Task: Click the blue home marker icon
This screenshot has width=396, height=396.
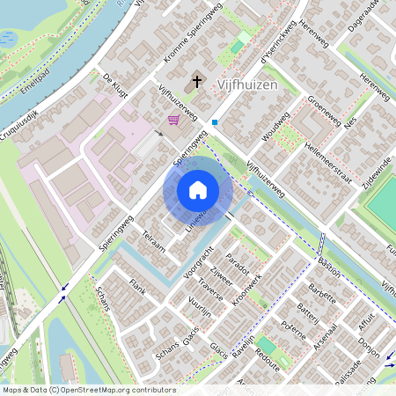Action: pos(198,190)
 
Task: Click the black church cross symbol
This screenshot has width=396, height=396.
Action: pos(196,83)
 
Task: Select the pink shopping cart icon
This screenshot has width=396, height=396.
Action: pos(173,119)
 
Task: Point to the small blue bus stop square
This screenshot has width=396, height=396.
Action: pos(214,122)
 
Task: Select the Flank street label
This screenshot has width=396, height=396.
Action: pos(136,285)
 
